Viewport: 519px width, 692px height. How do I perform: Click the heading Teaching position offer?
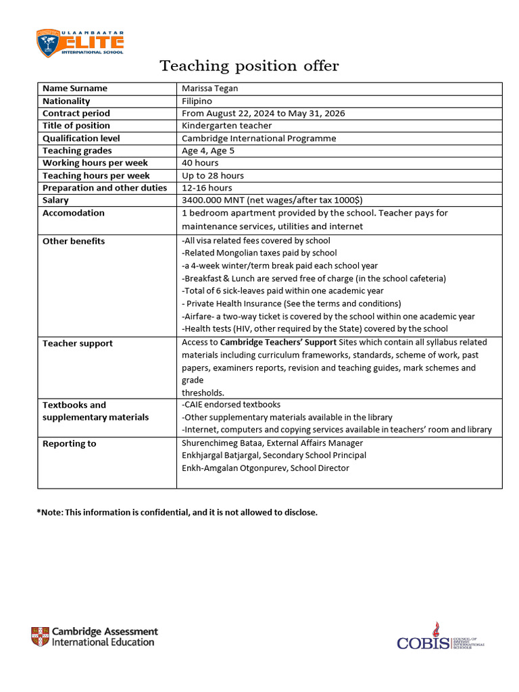click(x=249, y=66)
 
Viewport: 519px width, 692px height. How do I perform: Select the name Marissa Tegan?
click(x=209, y=89)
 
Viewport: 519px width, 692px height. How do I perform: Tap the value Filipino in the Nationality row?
click(x=197, y=101)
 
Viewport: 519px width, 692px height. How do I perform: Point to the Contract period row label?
click(x=76, y=114)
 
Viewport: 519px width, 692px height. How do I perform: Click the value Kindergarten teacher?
click(x=227, y=126)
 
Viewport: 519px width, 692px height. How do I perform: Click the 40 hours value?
click(x=200, y=163)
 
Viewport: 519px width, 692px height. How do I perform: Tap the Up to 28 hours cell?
click(x=213, y=176)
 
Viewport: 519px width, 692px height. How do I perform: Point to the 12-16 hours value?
click(x=207, y=188)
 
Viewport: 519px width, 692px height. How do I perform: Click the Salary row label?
click(x=55, y=201)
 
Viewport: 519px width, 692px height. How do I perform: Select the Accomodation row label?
click(x=74, y=213)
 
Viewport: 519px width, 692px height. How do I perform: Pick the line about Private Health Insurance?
click(x=291, y=303)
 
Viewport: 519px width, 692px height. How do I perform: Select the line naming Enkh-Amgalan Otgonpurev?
click(x=265, y=468)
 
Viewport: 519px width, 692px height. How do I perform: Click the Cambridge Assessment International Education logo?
click(x=94, y=637)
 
